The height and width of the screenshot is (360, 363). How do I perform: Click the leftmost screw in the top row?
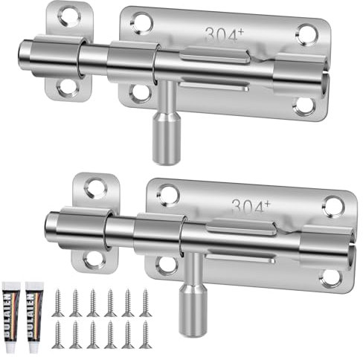58,303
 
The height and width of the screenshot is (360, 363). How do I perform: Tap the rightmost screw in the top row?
144,303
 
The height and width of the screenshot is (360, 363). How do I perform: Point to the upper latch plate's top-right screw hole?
306,32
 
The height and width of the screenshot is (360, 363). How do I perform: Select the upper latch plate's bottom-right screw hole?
304,106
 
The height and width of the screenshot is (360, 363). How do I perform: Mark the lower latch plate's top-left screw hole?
168,195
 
